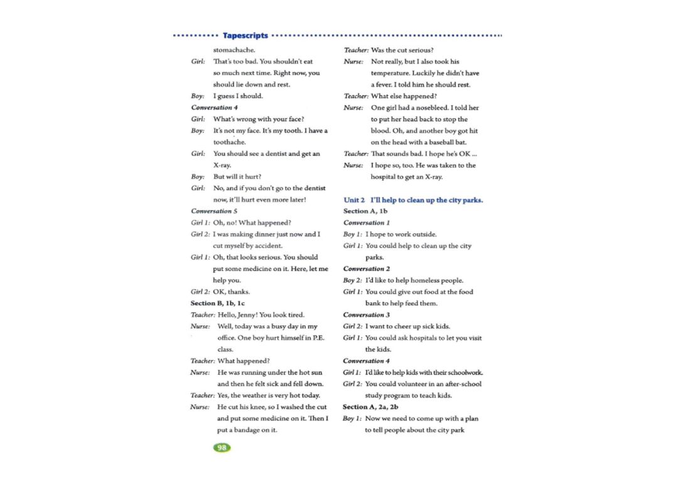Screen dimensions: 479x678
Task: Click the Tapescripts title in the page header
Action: click(x=245, y=36)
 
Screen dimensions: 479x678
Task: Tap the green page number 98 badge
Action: click(x=222, y=447)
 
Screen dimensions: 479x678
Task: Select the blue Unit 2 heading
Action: click(x=413, y=200)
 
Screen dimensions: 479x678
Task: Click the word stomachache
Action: click(x=234, y=50)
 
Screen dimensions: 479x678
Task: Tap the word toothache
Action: click(x=229, y=142)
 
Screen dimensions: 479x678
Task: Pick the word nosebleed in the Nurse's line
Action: click(x=435, y=108)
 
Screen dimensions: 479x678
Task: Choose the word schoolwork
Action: click(x=465, y=372)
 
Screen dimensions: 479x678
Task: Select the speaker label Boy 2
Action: click(x=352, y=280)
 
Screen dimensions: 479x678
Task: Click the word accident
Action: click(x=268, y=246)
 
